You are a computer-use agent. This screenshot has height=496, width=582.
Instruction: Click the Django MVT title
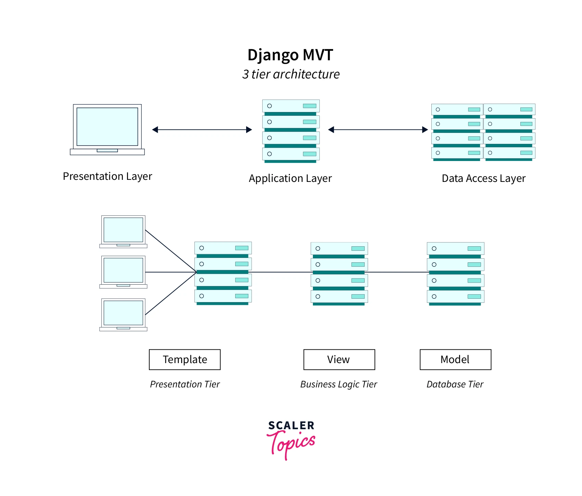click(x=290, y=55)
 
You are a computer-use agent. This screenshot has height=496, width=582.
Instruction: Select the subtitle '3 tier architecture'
click(x=291, y=74)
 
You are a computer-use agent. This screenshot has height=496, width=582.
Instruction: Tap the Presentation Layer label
click(x=107, y=176)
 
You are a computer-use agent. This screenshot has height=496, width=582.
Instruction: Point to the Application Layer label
click(x=290, y=178)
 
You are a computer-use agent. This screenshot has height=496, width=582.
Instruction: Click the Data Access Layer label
click(x=483, y=178)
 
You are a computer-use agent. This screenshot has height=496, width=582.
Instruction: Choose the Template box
click(x=185, y=359)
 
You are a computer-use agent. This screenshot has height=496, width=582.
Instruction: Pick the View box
click(x=339, y=359)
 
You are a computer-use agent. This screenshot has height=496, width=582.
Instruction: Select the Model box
click(x=455, y=359)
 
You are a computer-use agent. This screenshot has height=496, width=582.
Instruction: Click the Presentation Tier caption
click(x=185, y=384)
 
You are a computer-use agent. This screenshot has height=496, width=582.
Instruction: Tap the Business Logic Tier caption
click(x=339, y=384)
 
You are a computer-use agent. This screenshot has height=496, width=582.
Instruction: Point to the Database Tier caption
click(x=455, y=384)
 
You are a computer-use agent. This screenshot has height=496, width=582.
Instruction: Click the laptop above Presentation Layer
click(x=107, y=129)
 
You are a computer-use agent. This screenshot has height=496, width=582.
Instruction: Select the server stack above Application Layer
click(x=291, y=131)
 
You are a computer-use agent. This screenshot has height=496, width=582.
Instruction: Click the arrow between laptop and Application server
click(x=202, y=130)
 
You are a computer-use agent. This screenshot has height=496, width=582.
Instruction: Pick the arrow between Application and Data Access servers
click(x=378, y=130)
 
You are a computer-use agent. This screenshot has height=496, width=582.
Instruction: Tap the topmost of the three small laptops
click(x=123, y=231)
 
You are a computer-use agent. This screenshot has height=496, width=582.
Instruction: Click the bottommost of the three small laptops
click(x=123, y=314)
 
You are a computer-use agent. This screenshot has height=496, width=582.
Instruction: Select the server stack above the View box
click(x=339, y=273)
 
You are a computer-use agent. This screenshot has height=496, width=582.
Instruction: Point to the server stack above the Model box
click(x=455, y=273)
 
